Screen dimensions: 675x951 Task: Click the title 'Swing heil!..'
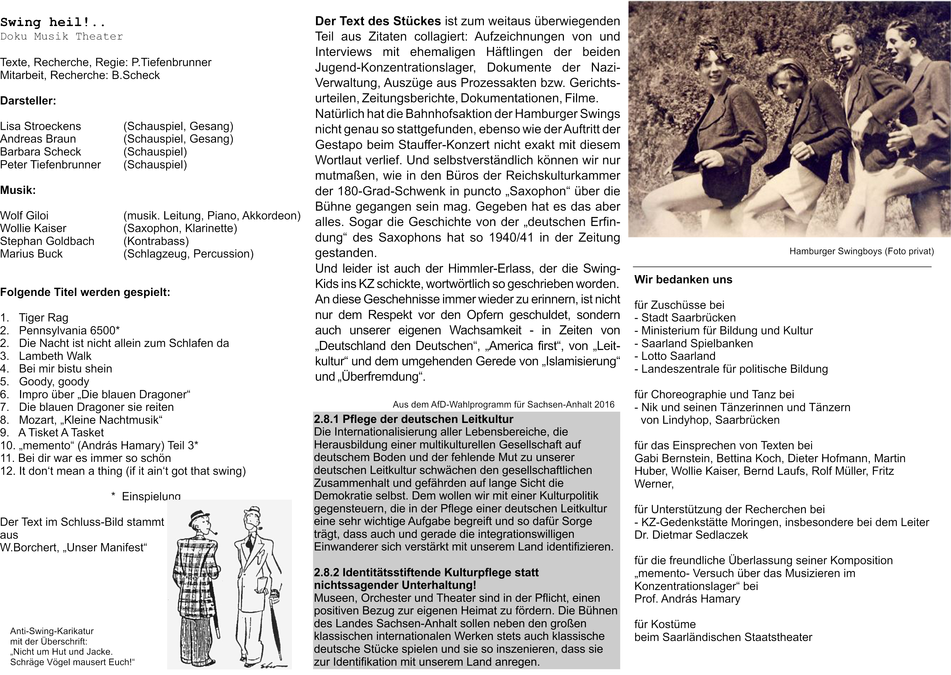click(53, 22)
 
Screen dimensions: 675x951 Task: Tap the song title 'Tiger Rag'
click(43, 318)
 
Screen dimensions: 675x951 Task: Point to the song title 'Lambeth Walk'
click(55, 356)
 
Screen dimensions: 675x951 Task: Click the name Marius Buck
click(31, 254)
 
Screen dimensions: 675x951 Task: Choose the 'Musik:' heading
click(18, 190)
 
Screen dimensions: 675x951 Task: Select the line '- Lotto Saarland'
click(675, 356)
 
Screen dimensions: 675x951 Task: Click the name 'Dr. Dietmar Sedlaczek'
click(691, 535)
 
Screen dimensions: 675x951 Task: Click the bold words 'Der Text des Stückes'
click(378, 21)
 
